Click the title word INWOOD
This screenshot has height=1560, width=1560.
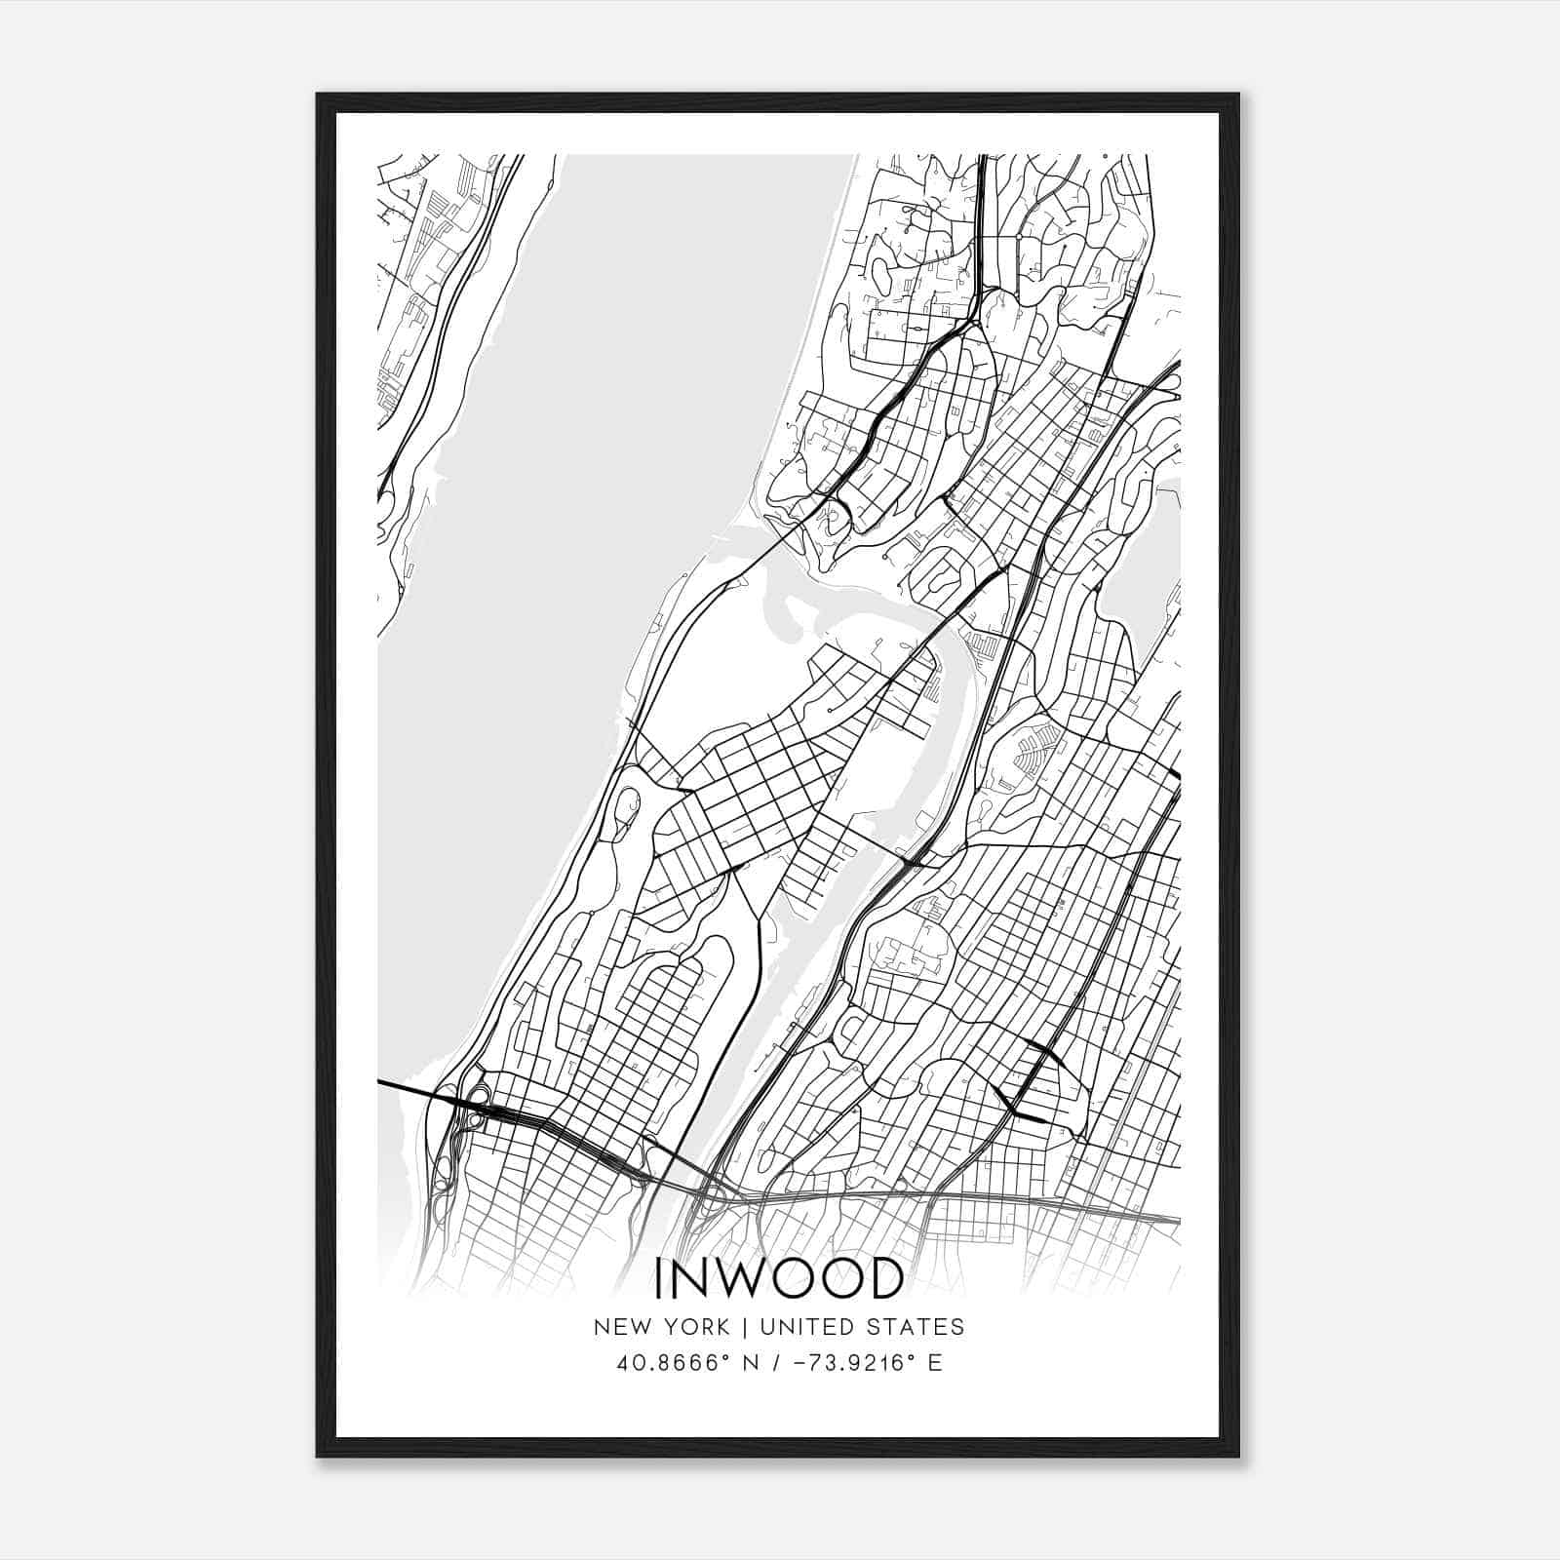click(778, 1279)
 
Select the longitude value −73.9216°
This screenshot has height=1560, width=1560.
click(847, 1363)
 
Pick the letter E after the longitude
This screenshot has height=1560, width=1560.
click(935, 1363)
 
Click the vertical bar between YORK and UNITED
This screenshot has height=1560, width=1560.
click(745, 1327)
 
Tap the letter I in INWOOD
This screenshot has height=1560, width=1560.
click(660, 1279)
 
